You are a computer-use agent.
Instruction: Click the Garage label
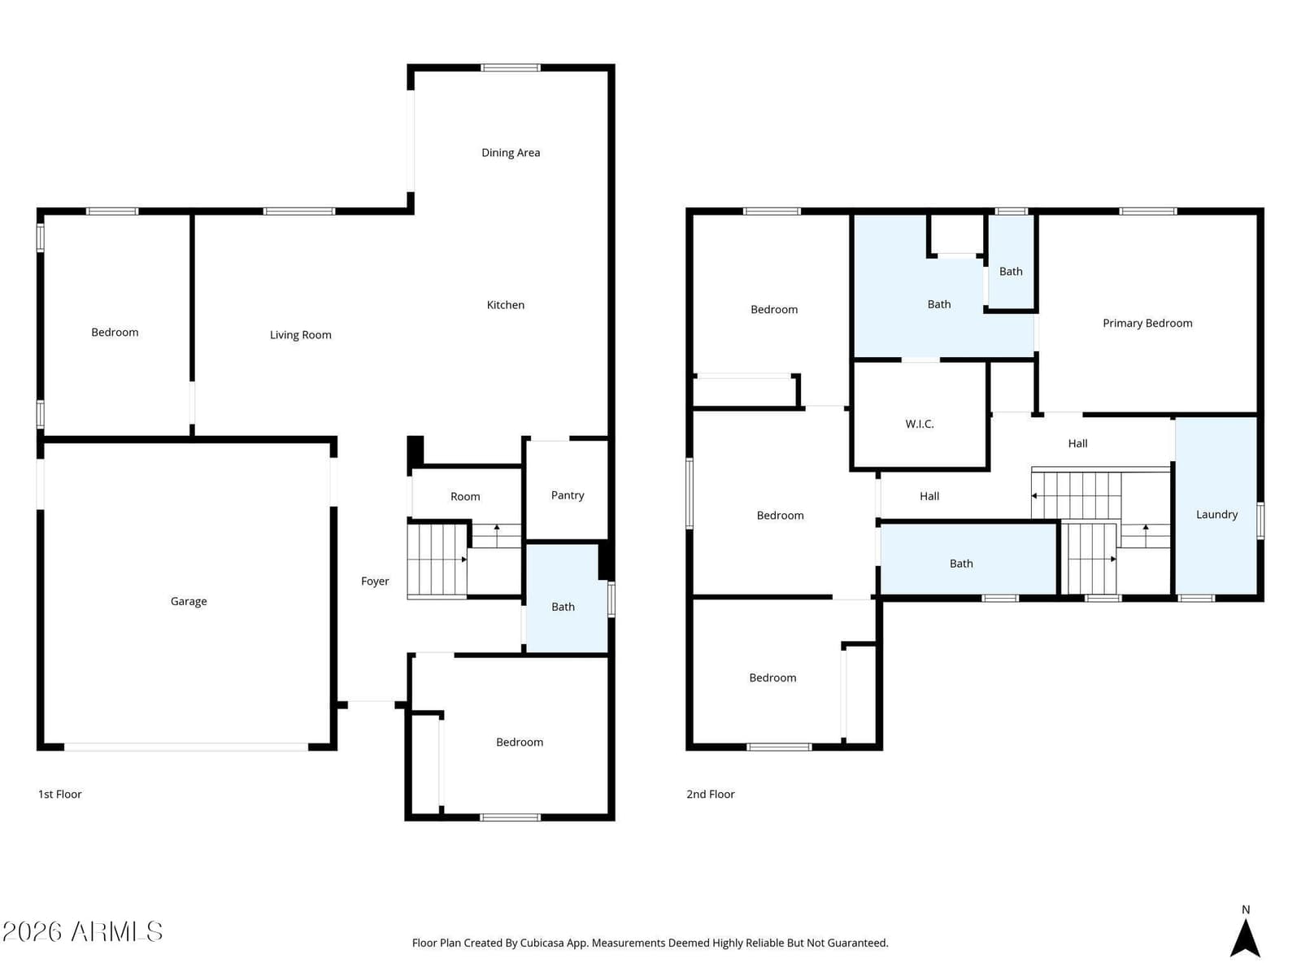coord(189,601)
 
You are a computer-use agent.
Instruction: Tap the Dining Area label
coord(511,152)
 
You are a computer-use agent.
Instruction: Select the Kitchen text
coord(505,304)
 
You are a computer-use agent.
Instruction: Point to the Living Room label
coord(301,335)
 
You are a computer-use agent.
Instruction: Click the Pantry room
coord(568,490)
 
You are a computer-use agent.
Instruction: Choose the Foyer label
coord(375,582)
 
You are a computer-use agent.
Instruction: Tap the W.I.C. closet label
coord(920,424)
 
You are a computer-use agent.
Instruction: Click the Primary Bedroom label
coord(1147,323)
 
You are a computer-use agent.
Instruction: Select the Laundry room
coord(1216,505)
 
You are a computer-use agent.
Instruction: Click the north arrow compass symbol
coord(1245,939)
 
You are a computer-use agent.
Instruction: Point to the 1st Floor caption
coord(60,794)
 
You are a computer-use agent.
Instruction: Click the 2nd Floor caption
coord(710,794)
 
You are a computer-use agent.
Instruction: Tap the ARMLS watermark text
coord(82,931)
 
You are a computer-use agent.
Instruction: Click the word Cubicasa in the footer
coord(542,943)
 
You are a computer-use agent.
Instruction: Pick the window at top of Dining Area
coord(511,68)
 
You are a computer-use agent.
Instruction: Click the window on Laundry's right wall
coord(1260,521)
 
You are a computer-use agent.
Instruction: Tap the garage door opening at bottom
coord(186,747)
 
